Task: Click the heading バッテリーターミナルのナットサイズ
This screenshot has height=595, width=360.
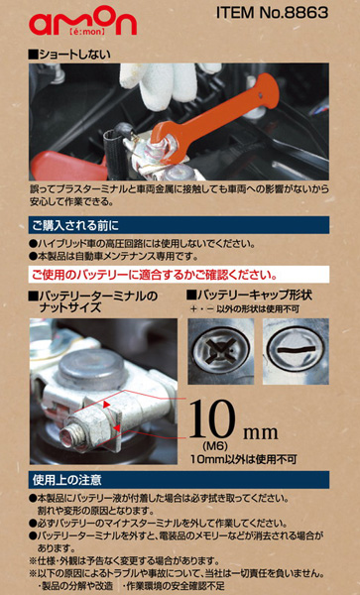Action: coord(93,302)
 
